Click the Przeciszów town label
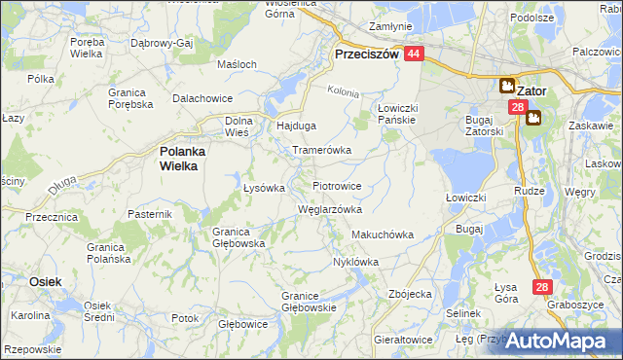(367, 55)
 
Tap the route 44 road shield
(415, 55)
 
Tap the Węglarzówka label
(329, 208)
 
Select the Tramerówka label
(322, 151)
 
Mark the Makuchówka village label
(383, 234)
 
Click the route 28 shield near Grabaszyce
(543, 287)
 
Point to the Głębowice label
(242, 322)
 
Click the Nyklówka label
(355, 262)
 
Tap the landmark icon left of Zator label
(507, 86)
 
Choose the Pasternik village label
(150, 213)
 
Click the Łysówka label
(263, 188)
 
